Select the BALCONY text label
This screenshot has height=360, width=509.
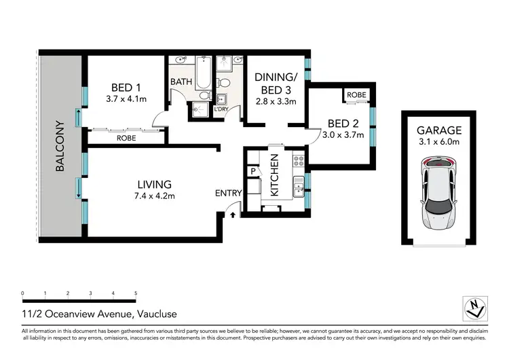(60, 147)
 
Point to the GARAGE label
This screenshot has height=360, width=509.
(439, 130)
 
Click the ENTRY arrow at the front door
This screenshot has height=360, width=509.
(233, 215)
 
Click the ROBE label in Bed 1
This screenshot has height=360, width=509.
(126, 138)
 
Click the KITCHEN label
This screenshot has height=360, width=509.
(275, 175)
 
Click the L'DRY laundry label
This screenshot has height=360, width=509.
(221, 109)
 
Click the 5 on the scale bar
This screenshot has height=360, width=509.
(136, 293)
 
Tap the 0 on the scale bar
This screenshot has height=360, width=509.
(22, 293)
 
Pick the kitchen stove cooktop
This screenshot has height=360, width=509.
(297, 161)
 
